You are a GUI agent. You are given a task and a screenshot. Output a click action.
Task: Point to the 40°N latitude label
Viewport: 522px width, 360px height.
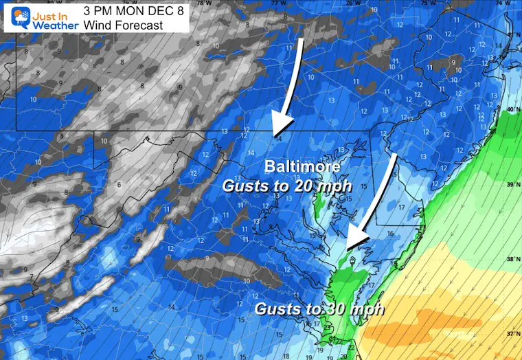coord(511,110)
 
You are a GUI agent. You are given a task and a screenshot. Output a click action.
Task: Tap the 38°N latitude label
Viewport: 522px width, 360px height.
coord(512,260)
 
